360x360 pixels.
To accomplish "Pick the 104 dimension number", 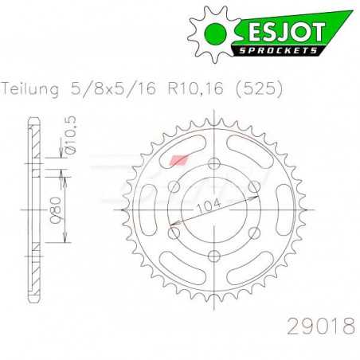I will pyautogui.click(x=214, y=205).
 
